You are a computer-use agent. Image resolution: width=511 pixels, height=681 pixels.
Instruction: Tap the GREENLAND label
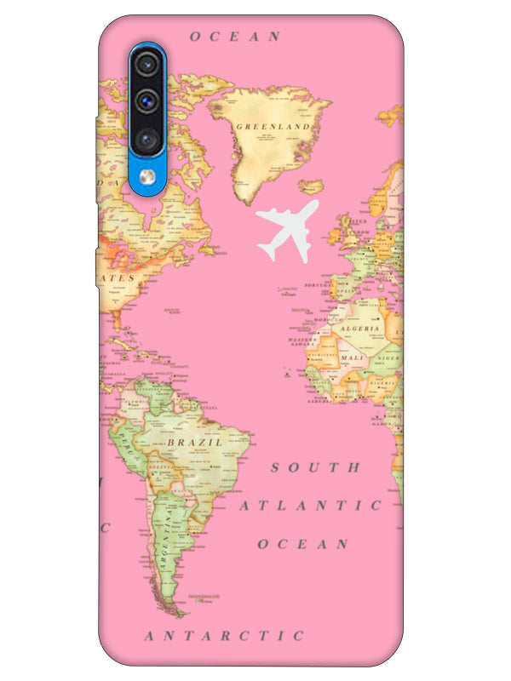pos(272,127)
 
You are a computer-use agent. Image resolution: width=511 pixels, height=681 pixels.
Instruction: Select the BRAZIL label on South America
pos(195,443)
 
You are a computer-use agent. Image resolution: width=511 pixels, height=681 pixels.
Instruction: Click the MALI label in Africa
pos(351,358)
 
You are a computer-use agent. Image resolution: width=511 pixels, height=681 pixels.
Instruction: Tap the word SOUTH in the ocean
pos(316,467)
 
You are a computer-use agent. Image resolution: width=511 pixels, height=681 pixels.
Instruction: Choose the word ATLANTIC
pos(310,506)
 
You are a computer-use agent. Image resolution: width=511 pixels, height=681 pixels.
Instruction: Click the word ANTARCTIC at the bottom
pos(224,636)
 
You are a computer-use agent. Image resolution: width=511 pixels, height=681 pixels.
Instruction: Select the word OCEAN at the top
pos(235,37)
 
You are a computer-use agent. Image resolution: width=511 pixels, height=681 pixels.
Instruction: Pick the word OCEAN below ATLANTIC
pos(303,544)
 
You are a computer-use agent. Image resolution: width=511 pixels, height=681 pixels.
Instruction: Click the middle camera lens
pos(148,99)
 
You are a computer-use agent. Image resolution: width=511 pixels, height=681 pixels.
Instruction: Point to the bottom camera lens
pos(148,137)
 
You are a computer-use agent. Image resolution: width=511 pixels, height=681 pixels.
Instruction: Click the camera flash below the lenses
pos(148,175)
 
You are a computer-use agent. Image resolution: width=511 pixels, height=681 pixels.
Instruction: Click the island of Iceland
pos(312,185)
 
